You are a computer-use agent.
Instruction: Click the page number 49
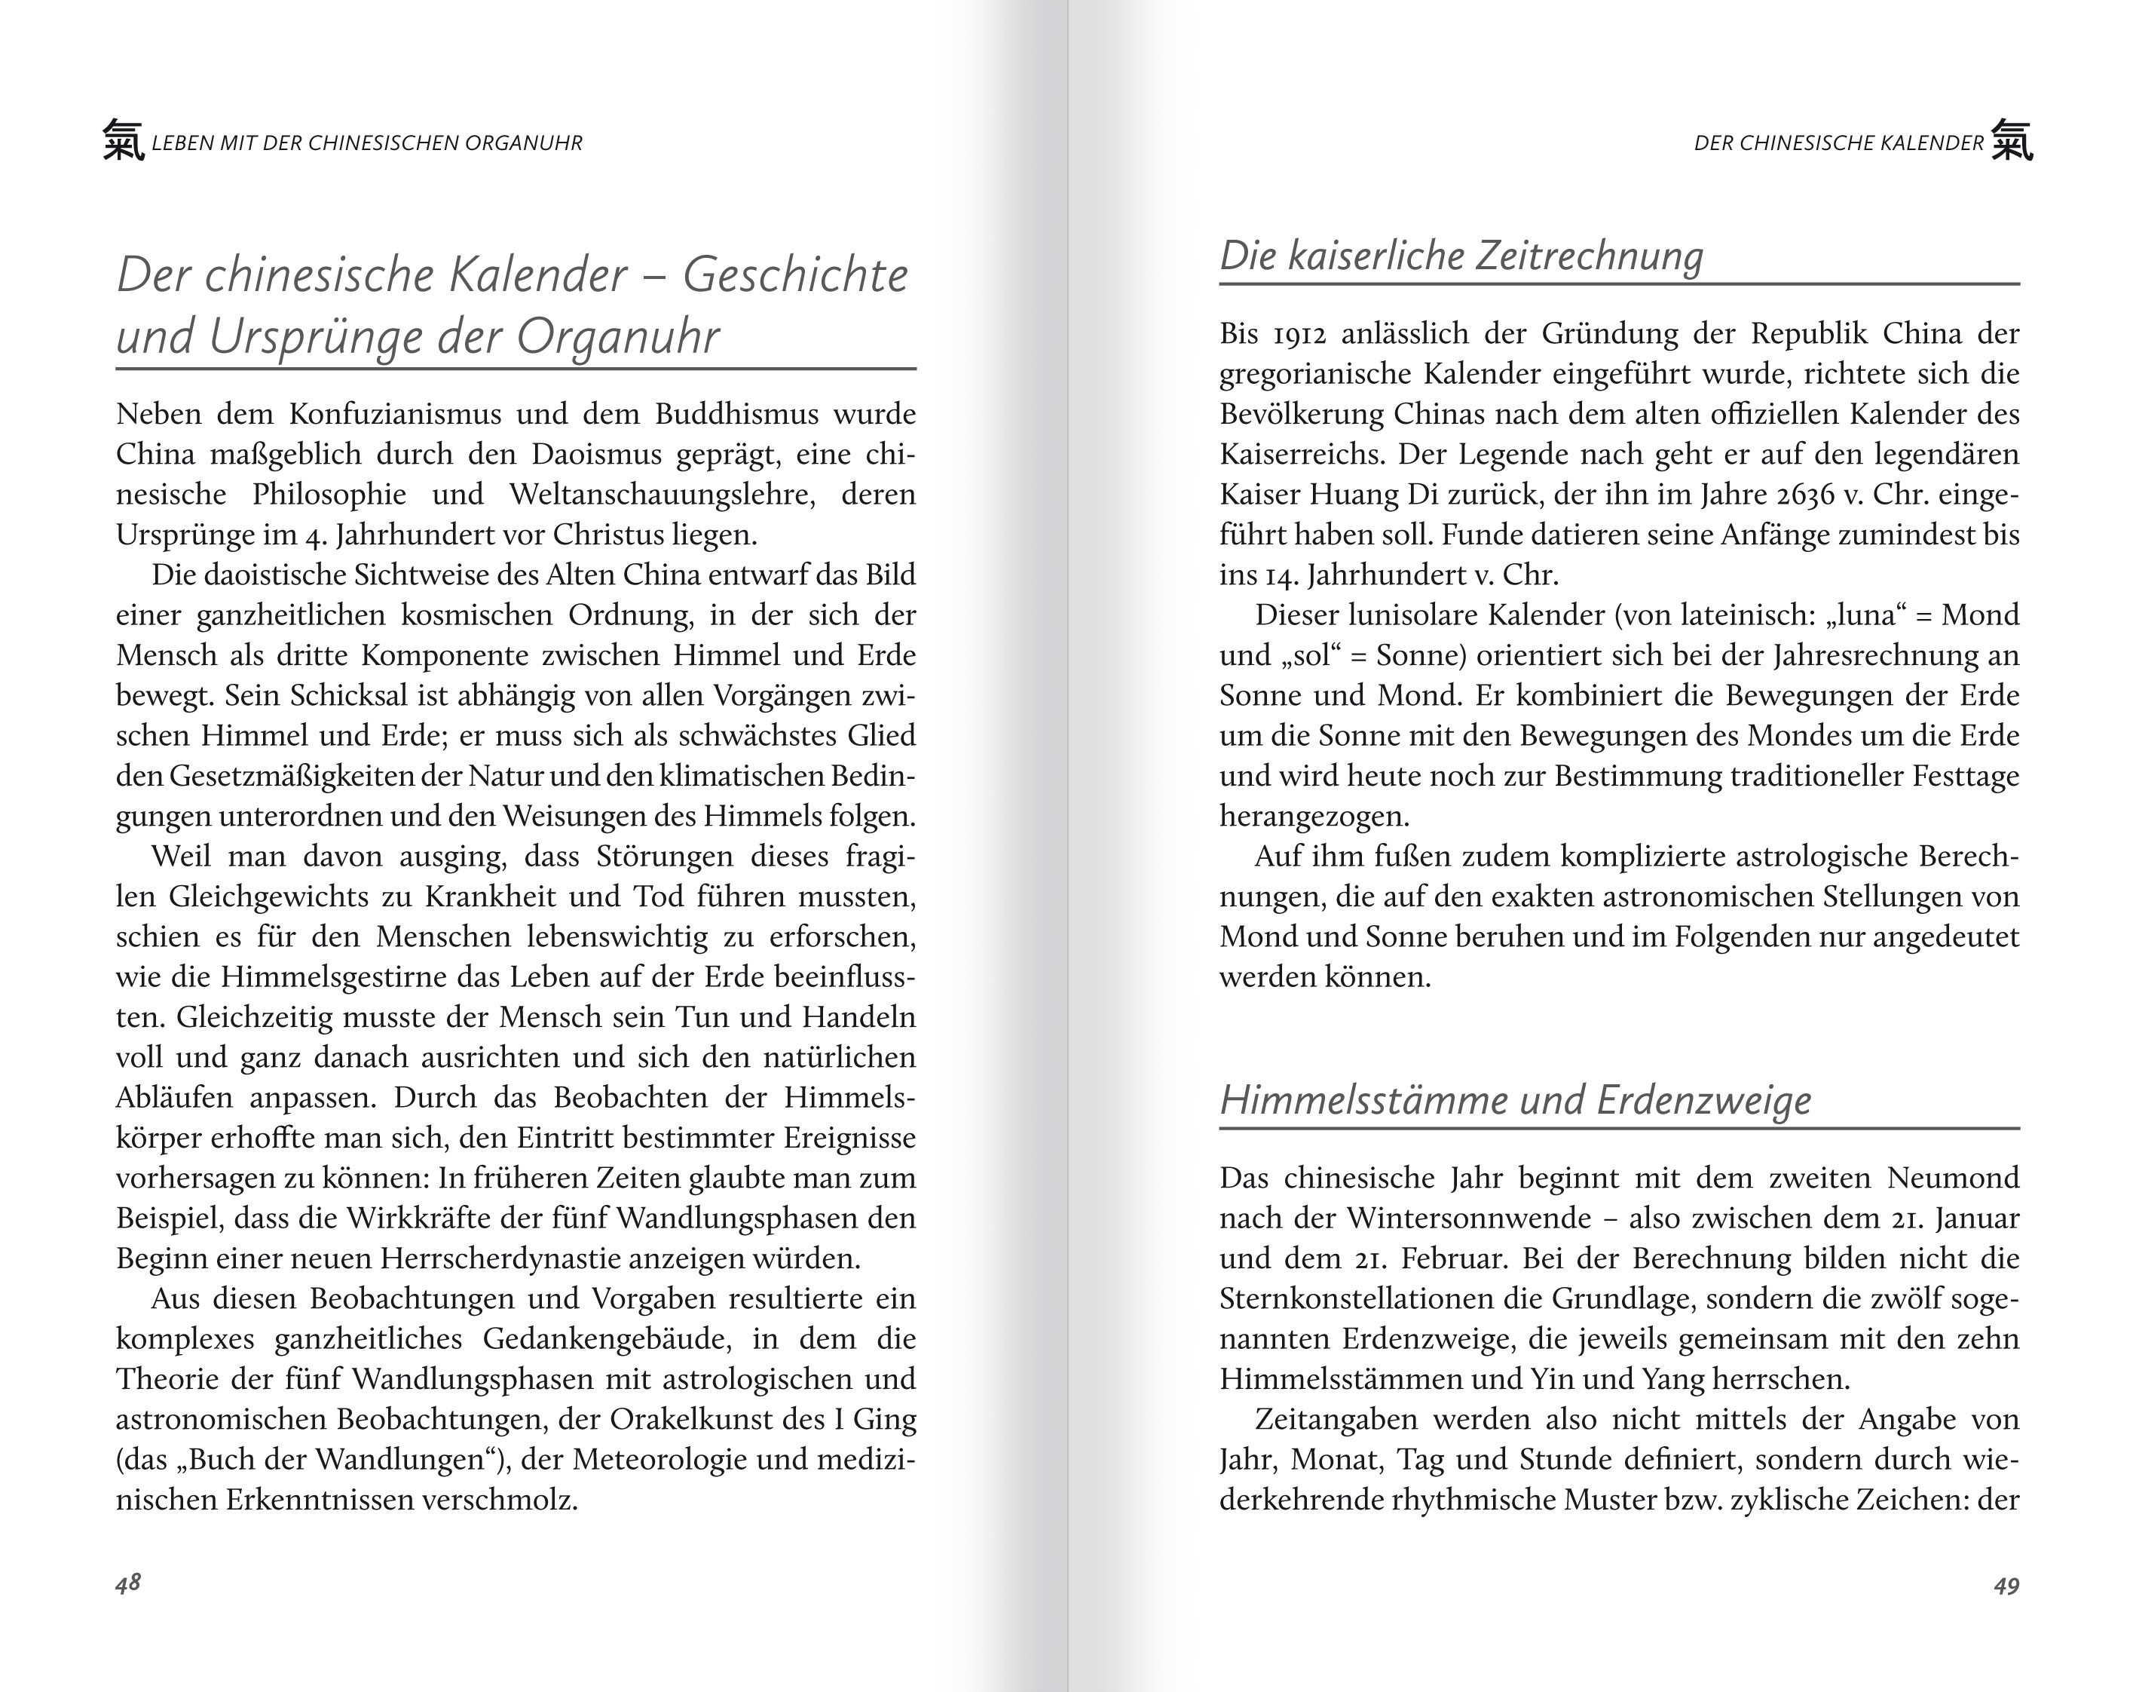coord(2006,1586)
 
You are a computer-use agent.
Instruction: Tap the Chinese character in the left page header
coord(124,141)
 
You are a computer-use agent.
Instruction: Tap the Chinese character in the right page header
coord(2011,141)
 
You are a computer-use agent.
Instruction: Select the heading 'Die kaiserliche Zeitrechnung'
coord(1461,256)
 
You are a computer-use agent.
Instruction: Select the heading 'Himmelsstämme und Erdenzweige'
coord(1515,1099)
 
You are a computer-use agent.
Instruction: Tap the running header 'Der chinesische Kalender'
coord(1839,143)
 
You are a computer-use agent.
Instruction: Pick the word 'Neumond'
coord(1953,1178)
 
